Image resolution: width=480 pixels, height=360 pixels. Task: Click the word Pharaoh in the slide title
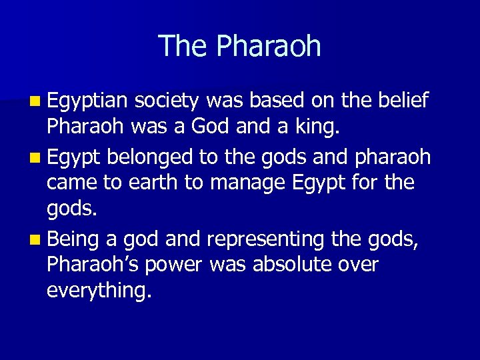pyautogui.click(x=269, y=47)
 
